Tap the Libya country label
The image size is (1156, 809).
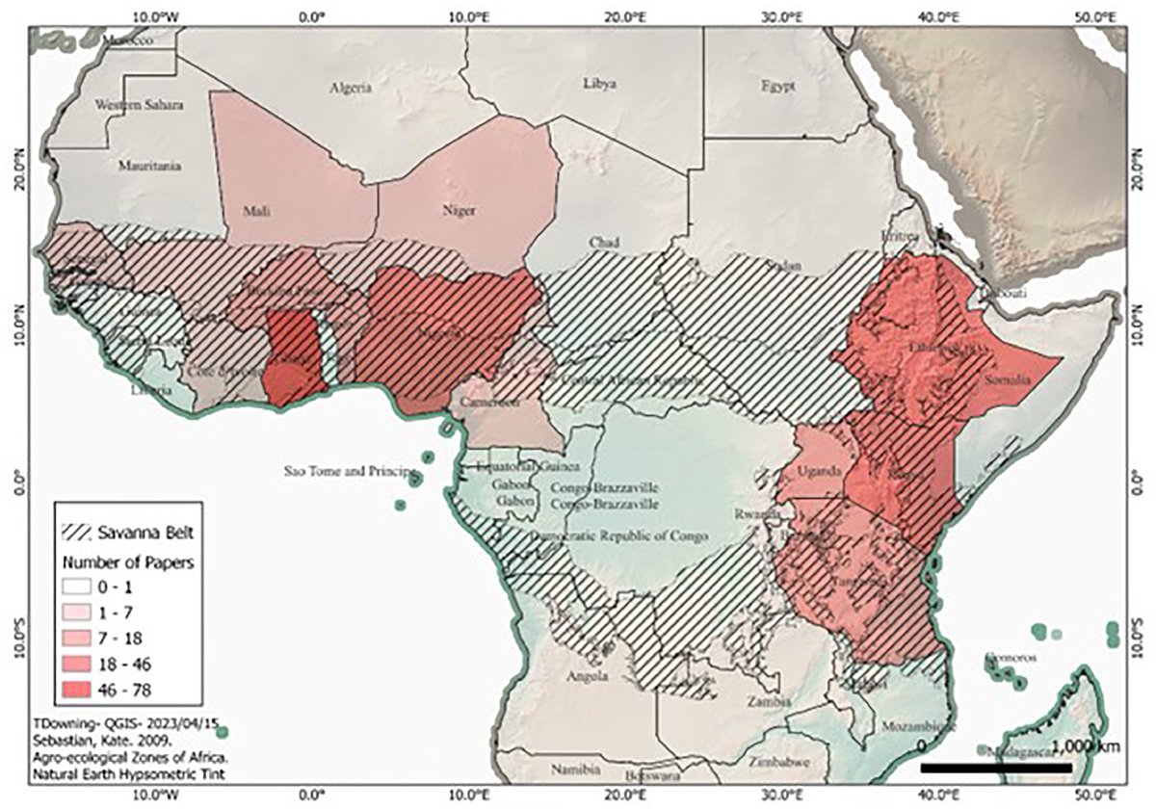tap(599, 84)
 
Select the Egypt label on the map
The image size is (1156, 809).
tap(777, 86)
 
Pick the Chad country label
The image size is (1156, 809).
tap(605, 241)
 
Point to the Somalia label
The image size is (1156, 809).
tap(1009, 381)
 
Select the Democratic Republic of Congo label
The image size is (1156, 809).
tap(620, 535)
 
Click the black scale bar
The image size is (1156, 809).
tap(996, 768)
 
